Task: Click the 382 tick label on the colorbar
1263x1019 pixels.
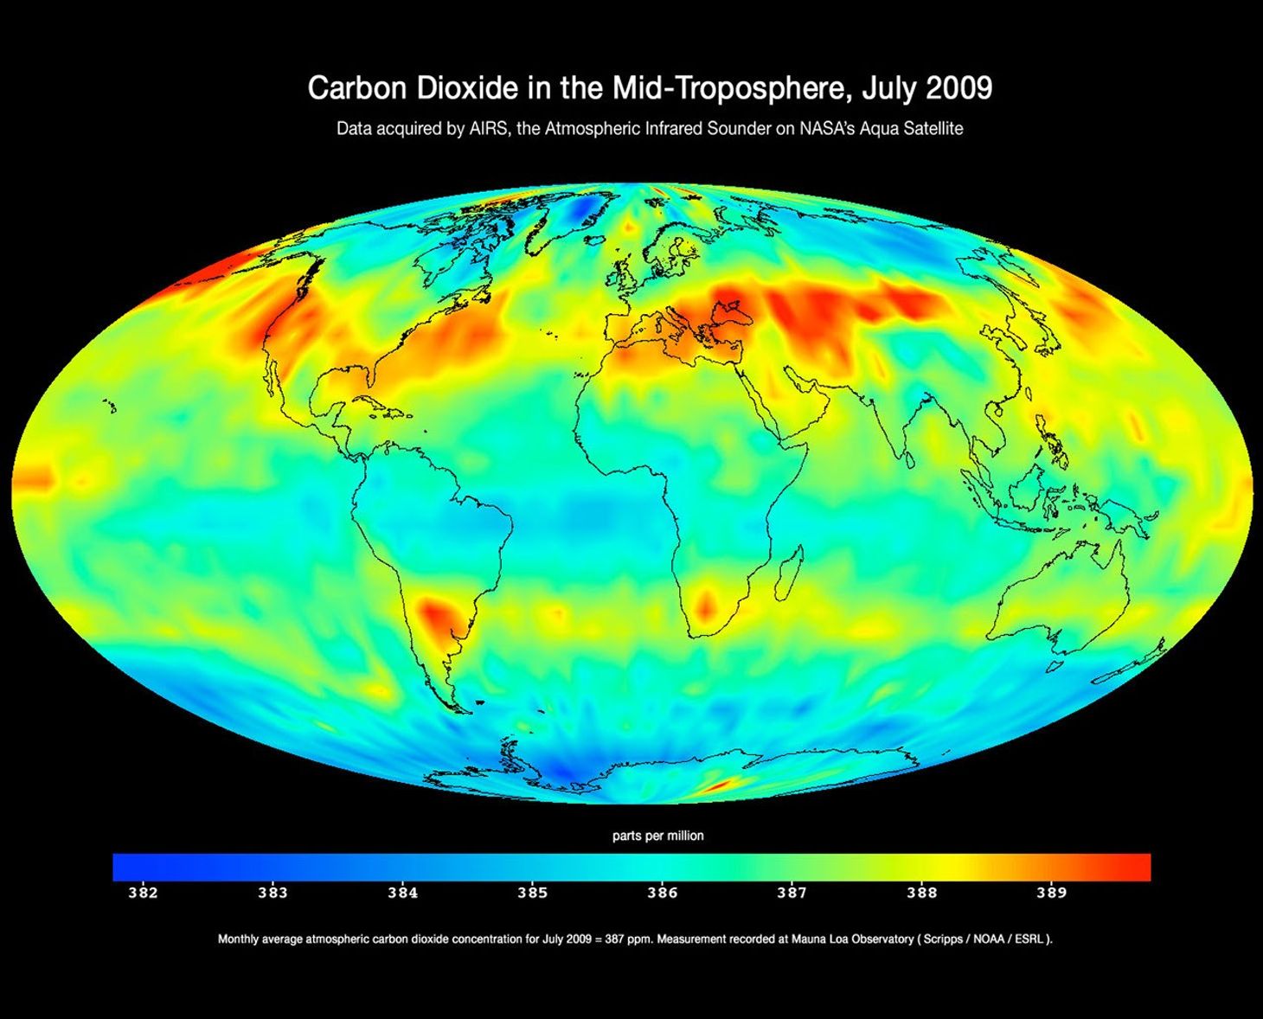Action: tap(143, 893)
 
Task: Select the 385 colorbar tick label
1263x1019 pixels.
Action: tap(532, 893)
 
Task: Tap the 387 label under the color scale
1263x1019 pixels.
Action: tap(792, 893)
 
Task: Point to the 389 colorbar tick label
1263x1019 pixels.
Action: tap(1051, 893)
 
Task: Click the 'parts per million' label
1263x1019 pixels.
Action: tap(657, 836)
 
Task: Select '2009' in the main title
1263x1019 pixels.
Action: tap(958, 88)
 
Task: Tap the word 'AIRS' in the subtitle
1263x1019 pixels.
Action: tap(490, 129)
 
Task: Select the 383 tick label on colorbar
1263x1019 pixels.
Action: tap(272, 893)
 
